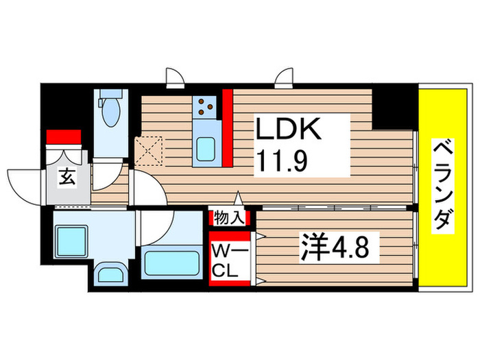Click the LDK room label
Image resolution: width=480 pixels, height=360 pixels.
click(x=288, y=129)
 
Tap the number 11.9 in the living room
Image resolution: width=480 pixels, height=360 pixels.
click(x=282, y=161)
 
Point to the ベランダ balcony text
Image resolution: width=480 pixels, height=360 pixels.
click(x=443, y=186)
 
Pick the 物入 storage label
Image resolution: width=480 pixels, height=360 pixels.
click(x=229, y=217)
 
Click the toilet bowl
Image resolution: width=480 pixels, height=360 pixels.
click(x=111, y=112)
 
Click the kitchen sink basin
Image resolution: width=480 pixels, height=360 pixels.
click(x=205, y=149)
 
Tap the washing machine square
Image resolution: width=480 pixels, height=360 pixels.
click(x=71, y=241)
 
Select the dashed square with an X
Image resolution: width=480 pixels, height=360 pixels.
click(x=149, y=151)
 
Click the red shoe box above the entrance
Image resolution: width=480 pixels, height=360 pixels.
click(x=64, y=136)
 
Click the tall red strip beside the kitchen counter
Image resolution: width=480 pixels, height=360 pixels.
click(x=228, y=128)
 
